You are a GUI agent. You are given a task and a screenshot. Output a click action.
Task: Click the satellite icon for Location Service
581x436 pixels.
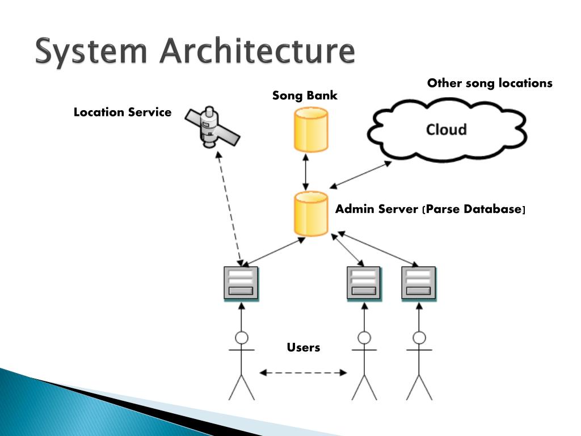212,127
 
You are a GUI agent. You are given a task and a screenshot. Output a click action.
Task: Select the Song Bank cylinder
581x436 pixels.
311,129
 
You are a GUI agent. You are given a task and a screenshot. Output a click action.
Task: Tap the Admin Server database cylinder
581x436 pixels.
311,213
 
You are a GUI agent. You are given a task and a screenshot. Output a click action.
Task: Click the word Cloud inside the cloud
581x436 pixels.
446,129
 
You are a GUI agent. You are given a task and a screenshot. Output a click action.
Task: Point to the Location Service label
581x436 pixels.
123,112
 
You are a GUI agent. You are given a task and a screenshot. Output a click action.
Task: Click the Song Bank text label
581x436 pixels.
305,95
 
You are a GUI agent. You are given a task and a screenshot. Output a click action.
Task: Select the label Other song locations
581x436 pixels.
490,83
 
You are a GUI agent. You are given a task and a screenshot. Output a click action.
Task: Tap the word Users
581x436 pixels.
304,347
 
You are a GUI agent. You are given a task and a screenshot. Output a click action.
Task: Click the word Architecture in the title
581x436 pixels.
257,51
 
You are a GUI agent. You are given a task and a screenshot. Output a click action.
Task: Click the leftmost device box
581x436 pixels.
241,283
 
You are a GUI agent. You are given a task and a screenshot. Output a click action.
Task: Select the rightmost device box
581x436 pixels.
419,283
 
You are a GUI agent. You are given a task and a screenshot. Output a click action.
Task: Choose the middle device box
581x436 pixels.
364,283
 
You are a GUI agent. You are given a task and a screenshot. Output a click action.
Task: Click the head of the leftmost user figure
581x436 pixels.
242,338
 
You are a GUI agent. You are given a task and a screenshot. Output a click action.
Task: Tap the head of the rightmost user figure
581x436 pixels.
419,338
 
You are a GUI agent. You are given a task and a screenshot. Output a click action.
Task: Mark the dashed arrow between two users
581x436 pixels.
303,372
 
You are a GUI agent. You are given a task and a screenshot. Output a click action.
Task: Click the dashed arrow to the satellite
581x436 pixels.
230,209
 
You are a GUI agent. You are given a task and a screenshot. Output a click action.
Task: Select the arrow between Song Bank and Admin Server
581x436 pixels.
306,171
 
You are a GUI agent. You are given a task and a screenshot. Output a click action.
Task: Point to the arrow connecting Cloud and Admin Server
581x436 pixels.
360,175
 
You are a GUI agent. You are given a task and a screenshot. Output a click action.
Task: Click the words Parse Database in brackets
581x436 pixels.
474,209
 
